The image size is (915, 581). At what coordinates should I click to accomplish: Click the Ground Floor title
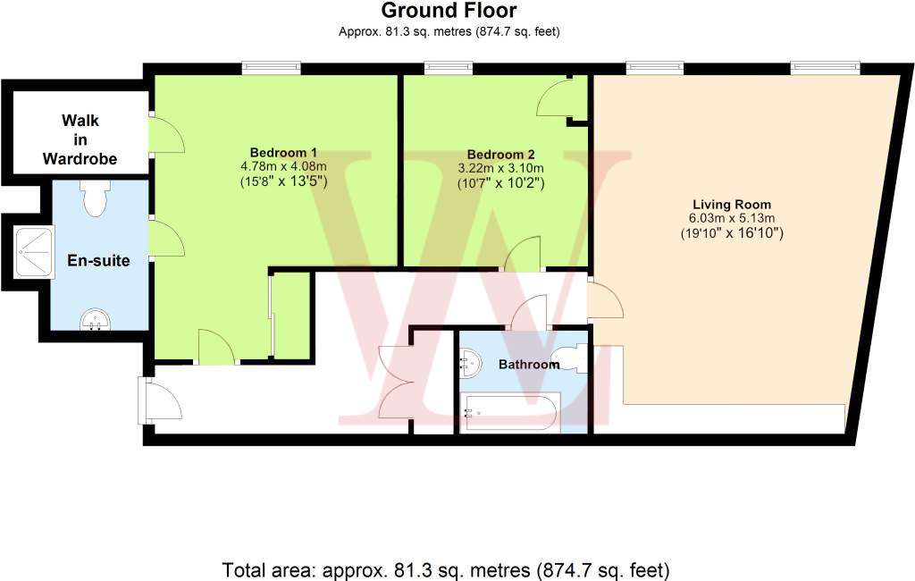pyautogui.click(x=449, y=11)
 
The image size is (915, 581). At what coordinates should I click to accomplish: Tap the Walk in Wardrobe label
pyautogui.click(x=80, y=140)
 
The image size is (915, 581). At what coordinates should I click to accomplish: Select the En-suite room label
pyautogui.click(x=98, y=261)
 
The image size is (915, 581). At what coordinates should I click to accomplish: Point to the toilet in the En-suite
pyautogui.click(x=93, y=198)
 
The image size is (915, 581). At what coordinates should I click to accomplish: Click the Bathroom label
pyautogui.click(x=523, y=365)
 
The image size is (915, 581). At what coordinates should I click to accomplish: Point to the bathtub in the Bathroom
pyautogui.click(x=509, y=412)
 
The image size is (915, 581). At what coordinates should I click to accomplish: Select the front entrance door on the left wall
pyautogui.click(x=159, y=400)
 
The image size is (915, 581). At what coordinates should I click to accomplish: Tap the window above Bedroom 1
pyautogui.click(x=272, y=65)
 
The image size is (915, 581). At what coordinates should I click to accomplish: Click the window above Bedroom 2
pyautogui.click(x=448, y=65)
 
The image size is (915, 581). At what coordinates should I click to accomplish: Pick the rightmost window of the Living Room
pyautogui.click(x=825, y=65)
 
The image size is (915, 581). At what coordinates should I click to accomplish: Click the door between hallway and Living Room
pyautogui.click(x=605, y=300)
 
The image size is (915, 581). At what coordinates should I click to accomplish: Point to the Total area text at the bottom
pyautogui.click(x=445, y=568)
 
